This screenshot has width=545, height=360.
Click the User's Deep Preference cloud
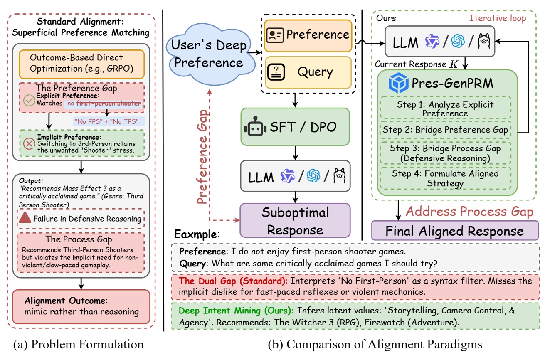pos(210,53)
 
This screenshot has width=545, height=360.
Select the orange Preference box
pos(308,35)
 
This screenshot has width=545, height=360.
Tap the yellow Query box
pos(308,72)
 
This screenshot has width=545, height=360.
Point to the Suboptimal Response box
pos(295,220)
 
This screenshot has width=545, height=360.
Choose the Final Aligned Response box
pos(454,231)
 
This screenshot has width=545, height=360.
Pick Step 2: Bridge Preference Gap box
pos(445,130)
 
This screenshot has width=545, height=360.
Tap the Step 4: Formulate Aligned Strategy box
pos(445,178)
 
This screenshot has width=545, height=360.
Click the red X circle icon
pos(29,143)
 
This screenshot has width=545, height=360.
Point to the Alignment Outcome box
pos(81,306)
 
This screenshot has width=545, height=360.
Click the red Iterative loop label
pos(498,18)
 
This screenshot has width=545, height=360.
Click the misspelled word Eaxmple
pos(195,234)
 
